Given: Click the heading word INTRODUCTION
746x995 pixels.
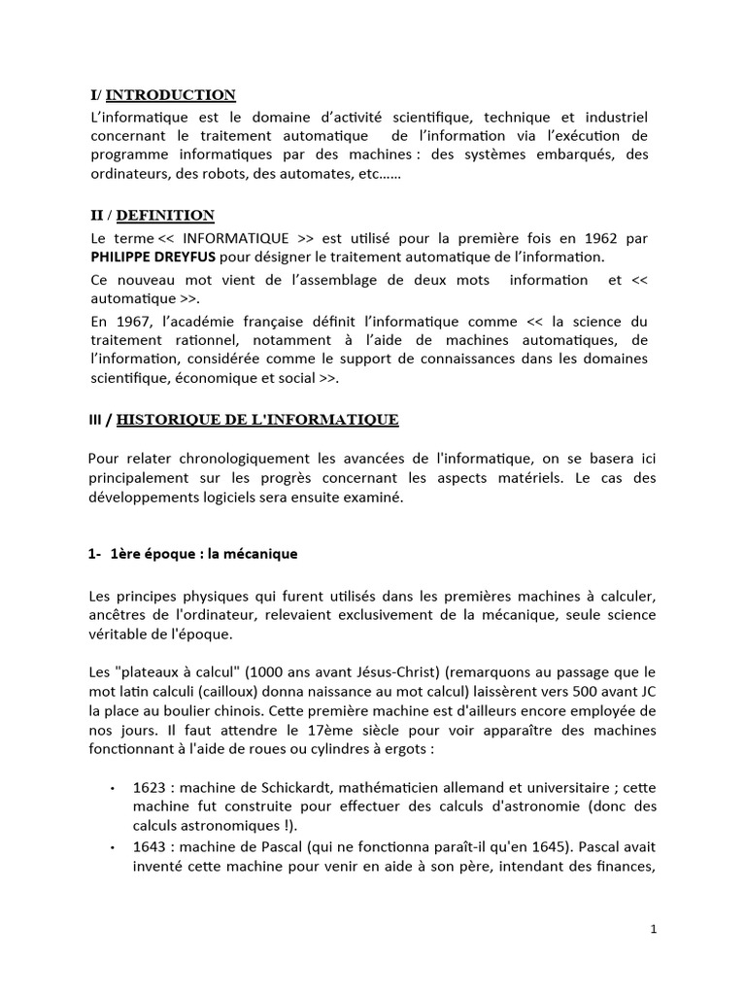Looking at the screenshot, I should click(170, 94).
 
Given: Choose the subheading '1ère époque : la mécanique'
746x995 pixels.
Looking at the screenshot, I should click(203, 554).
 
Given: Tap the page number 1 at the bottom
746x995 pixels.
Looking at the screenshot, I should click(654, 929).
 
